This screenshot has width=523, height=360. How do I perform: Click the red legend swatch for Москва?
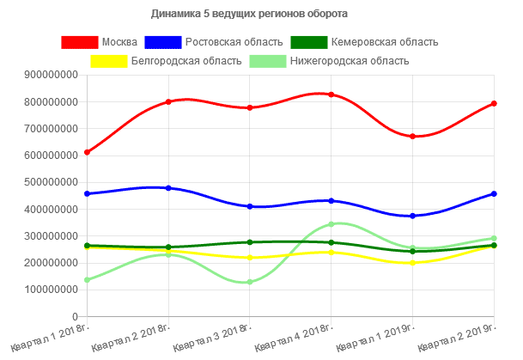coord(79,42)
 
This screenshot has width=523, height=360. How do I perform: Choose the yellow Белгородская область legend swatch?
coord(108,61)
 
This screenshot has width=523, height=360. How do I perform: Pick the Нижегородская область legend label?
coord(350,61)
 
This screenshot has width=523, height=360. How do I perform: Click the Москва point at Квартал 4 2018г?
coord(331,95)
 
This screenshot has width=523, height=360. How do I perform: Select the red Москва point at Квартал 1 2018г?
coord(87,152)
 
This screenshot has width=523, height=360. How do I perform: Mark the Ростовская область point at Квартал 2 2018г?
coord(168,187)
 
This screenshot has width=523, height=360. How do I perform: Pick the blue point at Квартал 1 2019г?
coord(412,216)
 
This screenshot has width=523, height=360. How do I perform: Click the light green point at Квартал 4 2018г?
coord(331,224)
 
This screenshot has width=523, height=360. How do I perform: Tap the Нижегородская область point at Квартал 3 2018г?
coord(249,282)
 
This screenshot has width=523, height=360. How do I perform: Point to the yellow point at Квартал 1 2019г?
coord(412,263)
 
